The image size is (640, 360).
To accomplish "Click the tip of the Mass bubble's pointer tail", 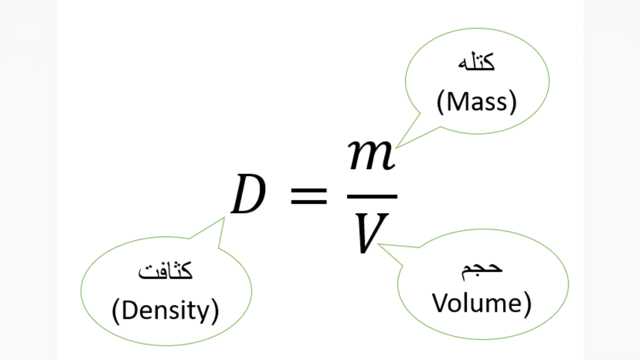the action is (x=396, y=148).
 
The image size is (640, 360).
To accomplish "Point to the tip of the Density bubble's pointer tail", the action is (x=224, y=218).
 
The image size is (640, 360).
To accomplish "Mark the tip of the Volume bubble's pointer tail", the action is (x=378, y=244).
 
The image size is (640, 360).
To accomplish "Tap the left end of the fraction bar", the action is (x=347, y=197).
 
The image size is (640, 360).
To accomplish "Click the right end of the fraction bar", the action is (x=397, y=197).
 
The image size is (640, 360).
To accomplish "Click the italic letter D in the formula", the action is (x=248, y=194).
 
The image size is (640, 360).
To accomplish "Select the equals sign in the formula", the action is (x=309, y=196).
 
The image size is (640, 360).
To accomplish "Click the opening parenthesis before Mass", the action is (x=440, y=102).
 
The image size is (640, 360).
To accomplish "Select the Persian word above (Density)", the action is (x=165, y=270).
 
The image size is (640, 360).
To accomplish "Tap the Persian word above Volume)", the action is (x=482, y=271).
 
